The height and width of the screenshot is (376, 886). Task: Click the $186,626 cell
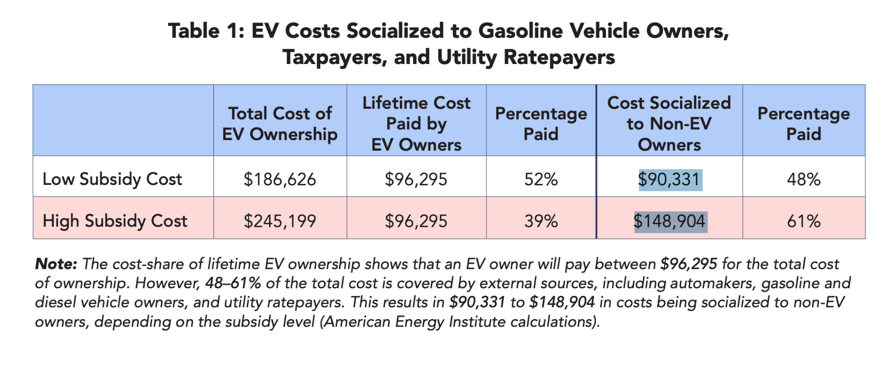[280, 179]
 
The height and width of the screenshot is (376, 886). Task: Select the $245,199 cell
[280, 221]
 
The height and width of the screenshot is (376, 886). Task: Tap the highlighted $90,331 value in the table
[669, 179]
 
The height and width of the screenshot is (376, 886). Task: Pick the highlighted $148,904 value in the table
[669, 221]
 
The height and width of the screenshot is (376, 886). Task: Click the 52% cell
[541, 179]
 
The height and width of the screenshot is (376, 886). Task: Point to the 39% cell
[541, 221]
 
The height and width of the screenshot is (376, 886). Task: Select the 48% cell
[803, 179]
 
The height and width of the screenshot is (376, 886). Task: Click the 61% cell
[803, 221]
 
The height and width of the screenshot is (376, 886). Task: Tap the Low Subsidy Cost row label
[112, 179]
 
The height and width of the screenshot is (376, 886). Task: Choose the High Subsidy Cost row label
[115, 221]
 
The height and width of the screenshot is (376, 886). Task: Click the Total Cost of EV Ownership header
[280, 124]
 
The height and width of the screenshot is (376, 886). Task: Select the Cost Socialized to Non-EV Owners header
[669, 124]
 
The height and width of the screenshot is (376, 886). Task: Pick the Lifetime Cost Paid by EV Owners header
[416, 124]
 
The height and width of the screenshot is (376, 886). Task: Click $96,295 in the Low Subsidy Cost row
[416, 179]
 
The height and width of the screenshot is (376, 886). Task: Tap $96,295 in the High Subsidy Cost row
[416, 221]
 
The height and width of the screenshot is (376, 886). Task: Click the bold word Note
[56, 264]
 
